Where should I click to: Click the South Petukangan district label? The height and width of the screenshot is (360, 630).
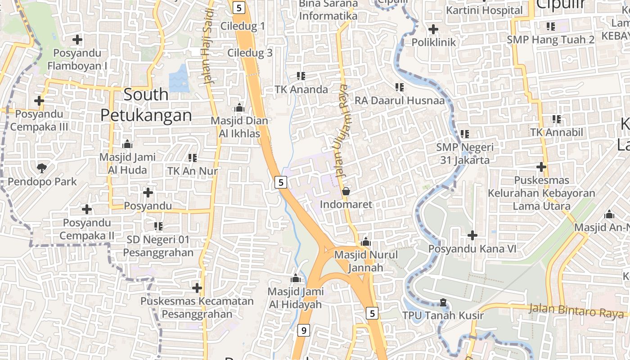tap(146, 105)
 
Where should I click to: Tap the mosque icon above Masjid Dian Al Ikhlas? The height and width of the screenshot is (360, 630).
tap(239, 108)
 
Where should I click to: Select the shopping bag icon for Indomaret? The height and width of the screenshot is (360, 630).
tap(346, 191)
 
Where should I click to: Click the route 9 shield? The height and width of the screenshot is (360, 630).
tap(304, 331)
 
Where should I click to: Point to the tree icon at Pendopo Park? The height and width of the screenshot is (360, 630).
tap(42, 168)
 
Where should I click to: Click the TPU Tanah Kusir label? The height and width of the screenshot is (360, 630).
tap(443, 315)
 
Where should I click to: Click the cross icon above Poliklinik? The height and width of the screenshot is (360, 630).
tap(433, 29)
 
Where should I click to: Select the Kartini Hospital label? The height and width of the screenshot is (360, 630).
tap(484, 10)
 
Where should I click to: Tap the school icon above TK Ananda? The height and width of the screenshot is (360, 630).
tap(301, 76)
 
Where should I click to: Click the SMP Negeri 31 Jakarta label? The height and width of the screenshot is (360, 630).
tap(465, 153)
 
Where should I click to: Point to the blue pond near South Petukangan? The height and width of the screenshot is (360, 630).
tap(179, 79)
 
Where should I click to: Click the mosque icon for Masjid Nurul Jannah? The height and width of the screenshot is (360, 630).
tap(365, 242)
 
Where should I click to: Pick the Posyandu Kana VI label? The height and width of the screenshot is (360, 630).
tap(472, 249)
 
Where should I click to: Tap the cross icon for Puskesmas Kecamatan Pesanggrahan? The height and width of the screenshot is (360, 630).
tap(197, 288)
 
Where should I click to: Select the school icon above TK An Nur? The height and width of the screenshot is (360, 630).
tap(193, 157)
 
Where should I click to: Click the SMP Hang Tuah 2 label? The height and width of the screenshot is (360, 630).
tap(550, 40)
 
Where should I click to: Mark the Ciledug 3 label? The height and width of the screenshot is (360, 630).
tap(250, 53)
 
